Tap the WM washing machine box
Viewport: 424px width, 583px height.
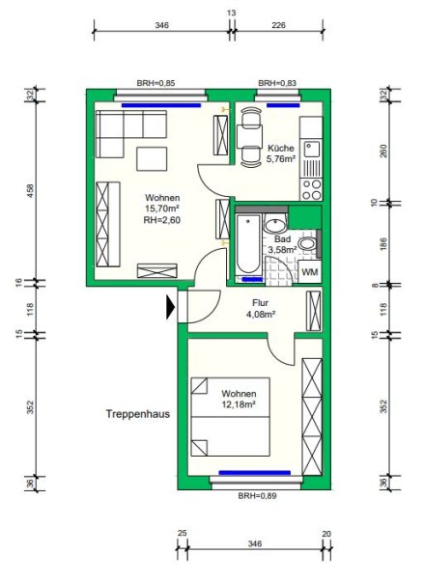click(310, 272)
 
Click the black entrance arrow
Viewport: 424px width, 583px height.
click(170, 307)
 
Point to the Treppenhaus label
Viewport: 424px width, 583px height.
click(138, 414)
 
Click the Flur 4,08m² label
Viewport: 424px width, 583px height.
click(261, 309)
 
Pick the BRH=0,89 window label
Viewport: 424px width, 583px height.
click(257, 495)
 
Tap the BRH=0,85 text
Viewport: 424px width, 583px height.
click(155, 83)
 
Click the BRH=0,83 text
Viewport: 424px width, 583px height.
click(277, 83)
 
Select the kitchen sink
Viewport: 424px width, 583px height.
click(312, 149)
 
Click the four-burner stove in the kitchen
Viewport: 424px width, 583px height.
click(312, 189)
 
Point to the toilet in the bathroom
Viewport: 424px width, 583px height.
click(308, 244)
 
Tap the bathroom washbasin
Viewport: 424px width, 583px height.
click(275, 224)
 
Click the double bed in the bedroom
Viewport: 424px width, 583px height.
click(230, 417)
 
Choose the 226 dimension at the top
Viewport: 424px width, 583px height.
click(278, 25)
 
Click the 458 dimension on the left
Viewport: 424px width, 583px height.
click(31, 191)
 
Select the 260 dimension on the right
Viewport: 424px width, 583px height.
click(384, 151)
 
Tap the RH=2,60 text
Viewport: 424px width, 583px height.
click(162, 220)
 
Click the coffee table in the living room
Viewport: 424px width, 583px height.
click(152, 159)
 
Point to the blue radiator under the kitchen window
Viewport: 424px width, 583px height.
click(283, 105)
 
